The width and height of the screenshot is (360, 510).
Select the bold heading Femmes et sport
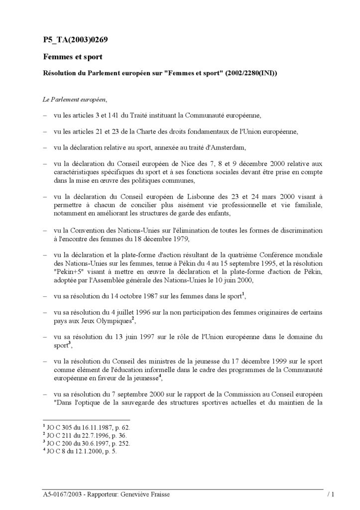pyautogui.click(x=72, y=57)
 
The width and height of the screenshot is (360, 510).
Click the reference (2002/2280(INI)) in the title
pyautogui.click(x=251, y=73)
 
